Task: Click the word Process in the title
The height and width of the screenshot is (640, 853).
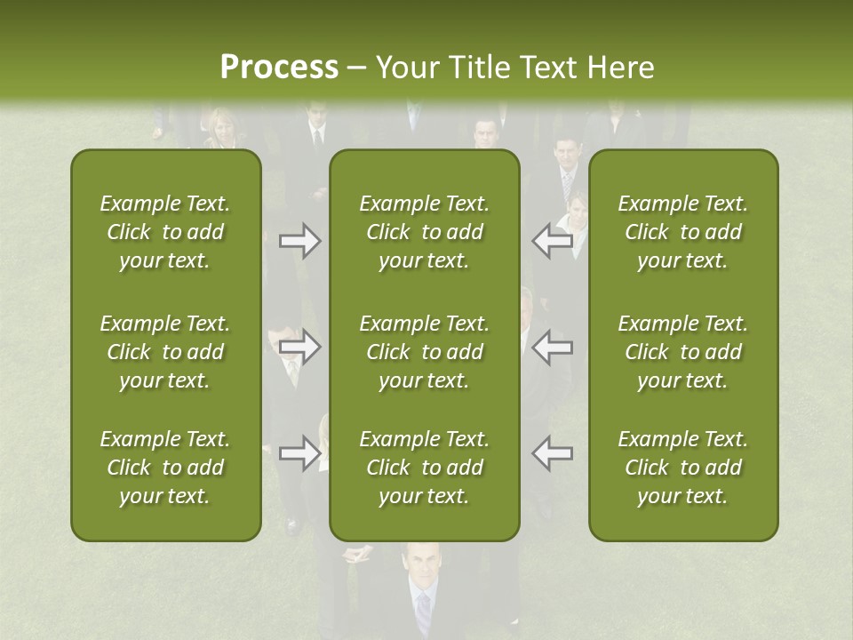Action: [x=279, y=68]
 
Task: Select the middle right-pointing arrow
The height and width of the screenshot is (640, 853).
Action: [x=300, y=347]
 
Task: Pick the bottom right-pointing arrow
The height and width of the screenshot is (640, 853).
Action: [x=300, y=453]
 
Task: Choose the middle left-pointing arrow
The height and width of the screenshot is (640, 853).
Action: [x=553, y=347]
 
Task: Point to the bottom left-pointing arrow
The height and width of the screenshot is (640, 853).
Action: [x=553, y=453]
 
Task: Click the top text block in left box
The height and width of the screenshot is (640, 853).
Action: [x=165, y=232]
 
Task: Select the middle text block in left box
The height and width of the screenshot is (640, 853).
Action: [x=165, y=352]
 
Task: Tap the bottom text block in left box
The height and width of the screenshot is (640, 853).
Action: [x=165, y=468]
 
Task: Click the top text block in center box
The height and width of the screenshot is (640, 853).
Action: [x=425, y=232]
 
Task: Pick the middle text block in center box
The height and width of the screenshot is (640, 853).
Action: [x=425, y=352]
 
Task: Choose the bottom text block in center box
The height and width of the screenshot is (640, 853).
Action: [x=425, y=468]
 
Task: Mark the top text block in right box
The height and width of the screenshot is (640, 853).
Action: [x=683, y=232]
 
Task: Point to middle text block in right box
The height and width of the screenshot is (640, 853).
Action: [x=683, y=352]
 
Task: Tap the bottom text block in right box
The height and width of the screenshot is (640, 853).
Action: [x=683, y=468]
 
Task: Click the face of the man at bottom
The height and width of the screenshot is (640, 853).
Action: [x=419, y=566]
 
